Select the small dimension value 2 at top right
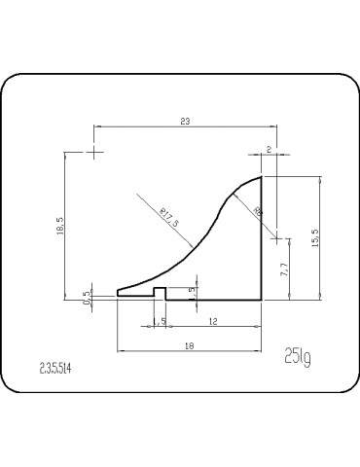coord(269,148)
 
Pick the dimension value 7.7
coord(283,271)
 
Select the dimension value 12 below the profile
coord(212,320)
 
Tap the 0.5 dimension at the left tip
coord(88,297)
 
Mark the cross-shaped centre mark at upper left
coord(93,152)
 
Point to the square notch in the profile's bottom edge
coord(159,292)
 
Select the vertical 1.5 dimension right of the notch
coord(193,290)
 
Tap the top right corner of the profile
coord(263,177)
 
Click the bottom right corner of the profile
coord(263,299)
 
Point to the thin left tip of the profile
coord(118,291)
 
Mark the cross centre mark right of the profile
coord(276,235)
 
